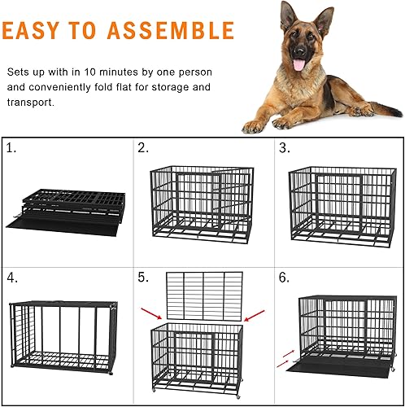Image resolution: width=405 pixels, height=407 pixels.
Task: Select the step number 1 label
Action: tap(11, 149)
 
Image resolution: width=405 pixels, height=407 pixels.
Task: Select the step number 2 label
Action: tap(143, 149)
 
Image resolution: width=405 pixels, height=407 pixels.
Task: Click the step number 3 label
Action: tap(284, 149)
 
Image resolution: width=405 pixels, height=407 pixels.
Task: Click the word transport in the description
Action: tap(32, 103)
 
